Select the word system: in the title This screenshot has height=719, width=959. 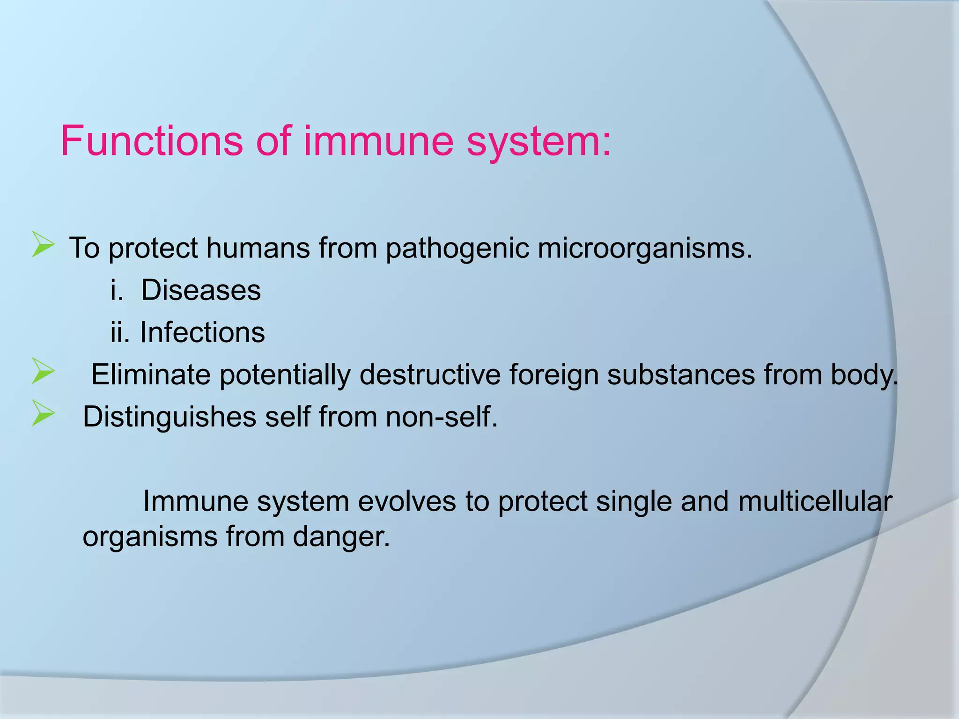click(539, 141)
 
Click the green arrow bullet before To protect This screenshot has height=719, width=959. click(43, 244)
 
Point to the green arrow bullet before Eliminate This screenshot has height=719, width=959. click(43, 371)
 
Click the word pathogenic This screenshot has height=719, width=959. click(457, 248)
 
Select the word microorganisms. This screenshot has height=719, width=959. click(645, 248)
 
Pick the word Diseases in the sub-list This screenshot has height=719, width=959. click(201, 290)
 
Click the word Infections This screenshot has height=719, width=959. click(202, 332)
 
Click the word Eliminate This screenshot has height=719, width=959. click(151, 374)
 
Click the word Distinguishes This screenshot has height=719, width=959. click(170, 417)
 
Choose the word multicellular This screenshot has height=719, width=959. click(815, 501)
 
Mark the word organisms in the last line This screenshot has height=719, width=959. click(150, 537)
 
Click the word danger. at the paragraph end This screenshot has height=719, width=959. click(341, 536)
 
